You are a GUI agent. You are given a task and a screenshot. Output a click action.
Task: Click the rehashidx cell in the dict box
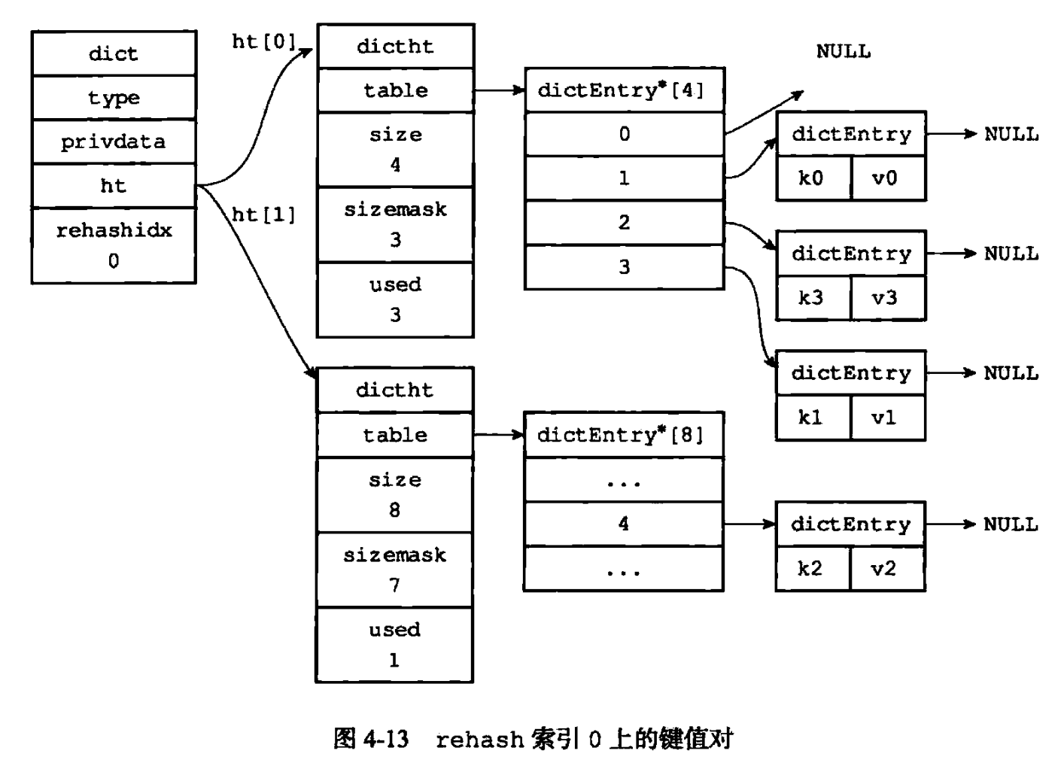(114, 245)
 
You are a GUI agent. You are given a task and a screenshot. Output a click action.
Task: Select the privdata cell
(114, 141)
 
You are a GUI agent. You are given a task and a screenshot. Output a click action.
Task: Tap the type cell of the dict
(114, 97)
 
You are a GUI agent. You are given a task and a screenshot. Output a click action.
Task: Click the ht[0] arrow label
(263, 42)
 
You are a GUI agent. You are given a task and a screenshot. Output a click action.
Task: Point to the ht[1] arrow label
(263, 214)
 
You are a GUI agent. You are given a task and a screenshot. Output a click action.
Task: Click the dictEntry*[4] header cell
(624, 90)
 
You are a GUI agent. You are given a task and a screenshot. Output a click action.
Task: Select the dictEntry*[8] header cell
(623, 435)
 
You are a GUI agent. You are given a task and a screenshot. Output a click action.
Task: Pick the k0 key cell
(813, 178)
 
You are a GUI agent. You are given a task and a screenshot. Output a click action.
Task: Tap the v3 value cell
(888, 298)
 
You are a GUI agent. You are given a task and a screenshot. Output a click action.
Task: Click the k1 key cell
(813, 418)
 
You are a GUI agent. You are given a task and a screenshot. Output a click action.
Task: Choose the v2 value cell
(887, 569)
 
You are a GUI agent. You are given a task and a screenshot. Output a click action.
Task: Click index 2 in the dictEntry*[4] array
(624, 222)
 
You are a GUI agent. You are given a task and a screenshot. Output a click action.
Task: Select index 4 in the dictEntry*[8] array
(623, 524)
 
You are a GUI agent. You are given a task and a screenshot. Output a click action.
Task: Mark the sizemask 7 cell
(394, 570)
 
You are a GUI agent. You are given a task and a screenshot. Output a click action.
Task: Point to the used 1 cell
(394, 645)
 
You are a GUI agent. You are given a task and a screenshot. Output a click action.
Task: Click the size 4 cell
(395, 150)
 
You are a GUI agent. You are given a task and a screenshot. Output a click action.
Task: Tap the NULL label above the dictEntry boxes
(844, 51)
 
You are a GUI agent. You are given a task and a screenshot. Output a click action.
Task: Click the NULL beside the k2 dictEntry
(1011, 524)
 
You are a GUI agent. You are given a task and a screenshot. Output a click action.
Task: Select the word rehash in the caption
(480, 740)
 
